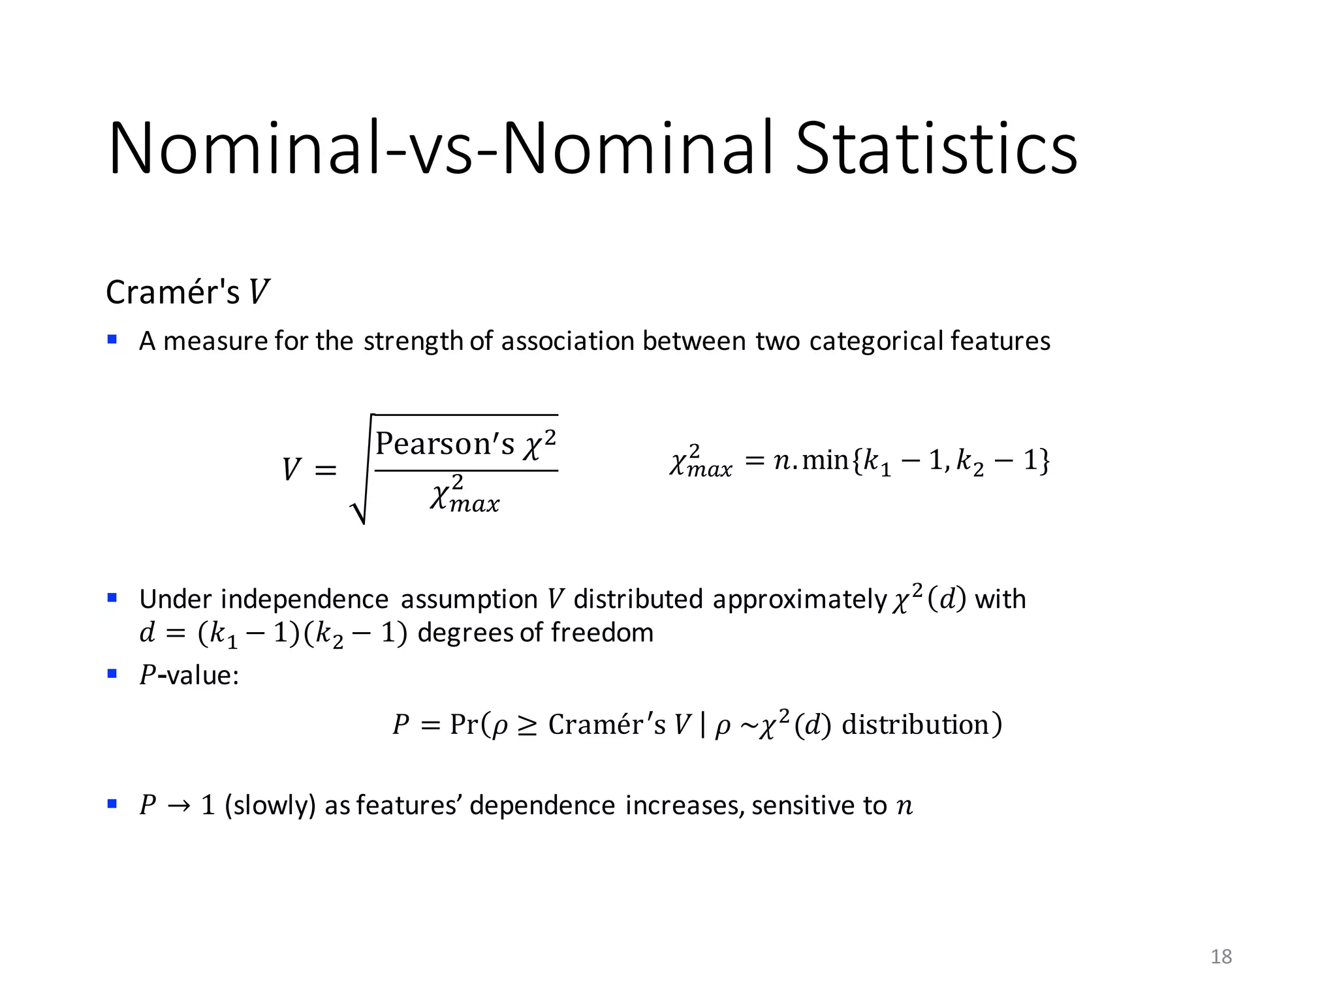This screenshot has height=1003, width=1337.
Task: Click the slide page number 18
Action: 1221,957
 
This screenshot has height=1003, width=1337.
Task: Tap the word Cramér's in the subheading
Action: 173,292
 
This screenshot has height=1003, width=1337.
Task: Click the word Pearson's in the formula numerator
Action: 445,444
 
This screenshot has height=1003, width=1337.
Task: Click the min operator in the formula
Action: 825,460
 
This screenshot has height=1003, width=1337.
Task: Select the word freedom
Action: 602,633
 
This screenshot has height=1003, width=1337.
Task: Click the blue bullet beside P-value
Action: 112,673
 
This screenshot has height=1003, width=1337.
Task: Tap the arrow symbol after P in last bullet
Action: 178,806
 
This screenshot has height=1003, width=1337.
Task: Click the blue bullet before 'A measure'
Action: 112,340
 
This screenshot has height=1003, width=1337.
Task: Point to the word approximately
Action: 799,599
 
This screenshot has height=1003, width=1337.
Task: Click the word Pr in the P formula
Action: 464,725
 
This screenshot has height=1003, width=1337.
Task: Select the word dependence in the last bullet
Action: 542,806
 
